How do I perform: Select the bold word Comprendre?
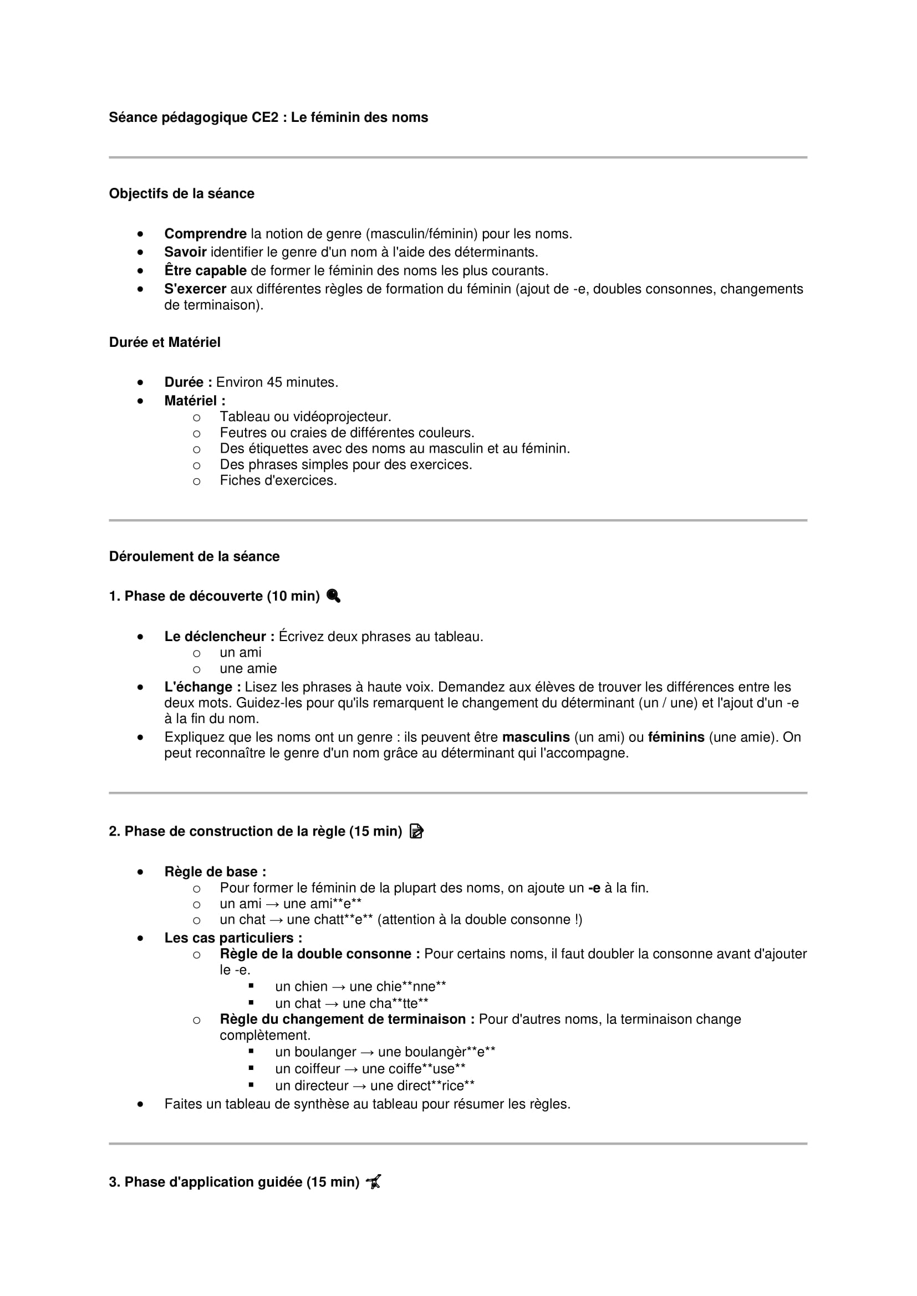pos(205,234)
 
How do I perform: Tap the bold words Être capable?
pos(205,270)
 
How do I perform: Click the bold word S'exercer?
pos(195,289)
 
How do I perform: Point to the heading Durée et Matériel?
pos(164,342)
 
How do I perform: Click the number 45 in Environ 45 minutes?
pos(274,382)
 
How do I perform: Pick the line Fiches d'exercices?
pos(278,480)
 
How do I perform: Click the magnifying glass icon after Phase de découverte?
pos(333,596)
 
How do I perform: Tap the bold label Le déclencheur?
pos(218,637)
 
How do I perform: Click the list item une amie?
pos(248,668)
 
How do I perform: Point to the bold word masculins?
pos(536,737)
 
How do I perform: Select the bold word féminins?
pos(676,737)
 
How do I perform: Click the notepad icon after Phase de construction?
pos(416,832)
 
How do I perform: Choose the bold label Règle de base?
pos(215,872)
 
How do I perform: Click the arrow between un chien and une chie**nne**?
pos(338,987)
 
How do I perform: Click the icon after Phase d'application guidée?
pos(374,1182)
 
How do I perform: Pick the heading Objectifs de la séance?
pos(181,193)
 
